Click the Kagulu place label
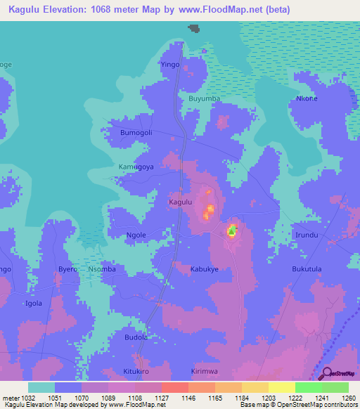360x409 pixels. pos(181,202)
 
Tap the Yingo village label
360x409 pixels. pos(171,65)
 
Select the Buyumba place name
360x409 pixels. pos(204,99)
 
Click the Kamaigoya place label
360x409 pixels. pos(136,167)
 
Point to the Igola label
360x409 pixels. pos(34,304)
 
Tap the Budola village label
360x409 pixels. pos(136,337)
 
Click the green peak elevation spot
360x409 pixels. pos(232,230)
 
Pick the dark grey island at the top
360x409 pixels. pos(194,28)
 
